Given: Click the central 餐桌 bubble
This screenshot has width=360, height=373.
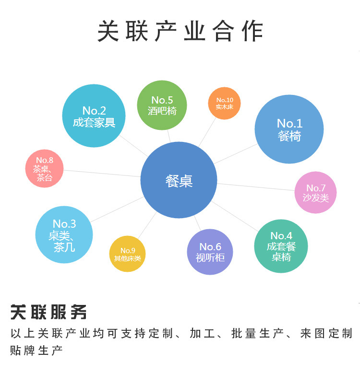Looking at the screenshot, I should (179, 181).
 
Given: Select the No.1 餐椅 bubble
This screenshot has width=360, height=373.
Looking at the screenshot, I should (289, 129).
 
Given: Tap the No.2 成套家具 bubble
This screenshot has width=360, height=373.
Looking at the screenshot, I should (94, 116).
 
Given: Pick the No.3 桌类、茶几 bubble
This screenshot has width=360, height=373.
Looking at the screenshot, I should (64, 234).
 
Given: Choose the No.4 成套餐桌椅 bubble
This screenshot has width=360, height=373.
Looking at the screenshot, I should (281, 246).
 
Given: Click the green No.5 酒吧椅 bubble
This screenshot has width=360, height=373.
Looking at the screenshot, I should (162, 105).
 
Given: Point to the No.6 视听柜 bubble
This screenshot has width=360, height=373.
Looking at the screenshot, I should (210, 252).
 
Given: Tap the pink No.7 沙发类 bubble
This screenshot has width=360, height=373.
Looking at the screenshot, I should (315, 192).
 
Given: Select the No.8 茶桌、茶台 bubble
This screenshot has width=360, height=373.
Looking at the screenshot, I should (45, 168).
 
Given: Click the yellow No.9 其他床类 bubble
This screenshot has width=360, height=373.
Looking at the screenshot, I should (127, 254).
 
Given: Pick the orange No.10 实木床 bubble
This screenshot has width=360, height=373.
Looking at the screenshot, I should (224, 103).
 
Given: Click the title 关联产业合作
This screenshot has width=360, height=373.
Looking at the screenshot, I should (180, 32).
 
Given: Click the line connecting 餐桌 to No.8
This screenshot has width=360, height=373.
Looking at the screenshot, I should (102, 173).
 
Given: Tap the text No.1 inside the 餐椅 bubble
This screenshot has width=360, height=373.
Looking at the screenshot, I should (289, 123).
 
